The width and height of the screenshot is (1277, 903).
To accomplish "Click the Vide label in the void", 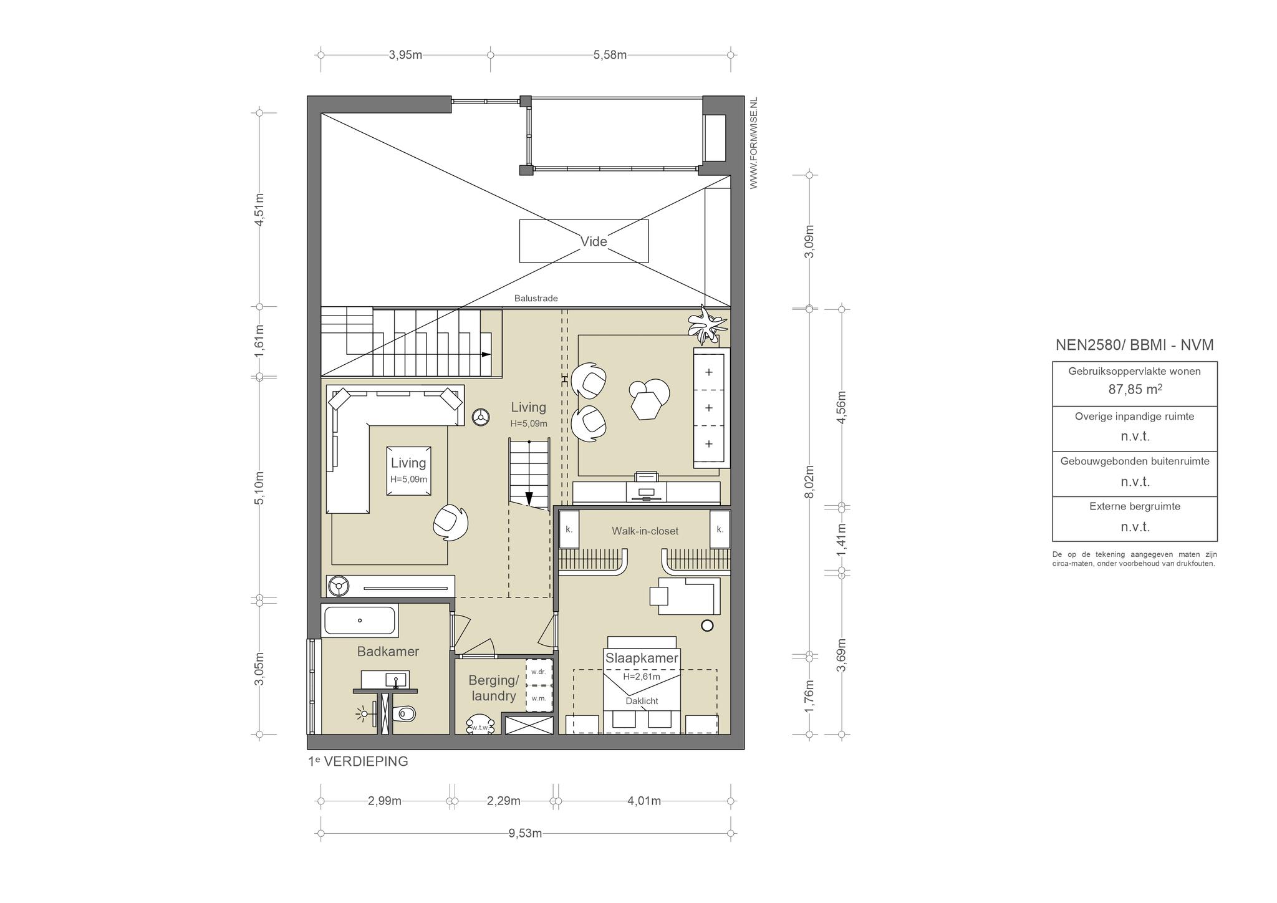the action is [x=593, y=241].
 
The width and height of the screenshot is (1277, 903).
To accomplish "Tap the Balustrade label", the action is [x=536, y=298].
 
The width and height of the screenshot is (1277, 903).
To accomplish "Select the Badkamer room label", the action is [x=388, y=652].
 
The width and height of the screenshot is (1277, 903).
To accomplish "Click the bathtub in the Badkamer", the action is [x=360, y=621].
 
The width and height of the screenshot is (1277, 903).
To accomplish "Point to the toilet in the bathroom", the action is [x=404, y=712].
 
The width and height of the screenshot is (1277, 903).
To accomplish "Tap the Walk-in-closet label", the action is [x=645, y=531].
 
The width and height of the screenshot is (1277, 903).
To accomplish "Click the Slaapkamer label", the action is [x=642, y=658].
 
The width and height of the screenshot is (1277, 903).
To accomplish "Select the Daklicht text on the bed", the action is [x=642, y=701].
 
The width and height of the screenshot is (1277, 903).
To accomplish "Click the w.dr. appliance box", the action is [x=539, y=672].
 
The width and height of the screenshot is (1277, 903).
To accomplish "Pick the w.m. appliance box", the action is [x=539, y=698].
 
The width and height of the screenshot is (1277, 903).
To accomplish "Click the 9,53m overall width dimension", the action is [x=525, y=833].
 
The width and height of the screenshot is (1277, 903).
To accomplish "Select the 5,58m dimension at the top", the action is [x=610, y=55].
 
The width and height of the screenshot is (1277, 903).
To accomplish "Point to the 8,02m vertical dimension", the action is [x=809, y=481].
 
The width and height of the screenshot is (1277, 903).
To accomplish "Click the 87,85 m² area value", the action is [x=1135, y=390].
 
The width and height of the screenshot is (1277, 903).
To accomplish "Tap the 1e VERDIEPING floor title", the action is [x=358, y=761].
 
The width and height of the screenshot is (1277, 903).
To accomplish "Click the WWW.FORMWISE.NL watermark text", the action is [x=753, y=143].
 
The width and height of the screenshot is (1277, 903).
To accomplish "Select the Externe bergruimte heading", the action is [x=1135, y=506].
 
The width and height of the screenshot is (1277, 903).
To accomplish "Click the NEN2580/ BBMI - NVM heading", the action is [x=1134, y=345].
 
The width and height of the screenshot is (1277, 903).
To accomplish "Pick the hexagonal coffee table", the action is [x=646, y=405].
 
